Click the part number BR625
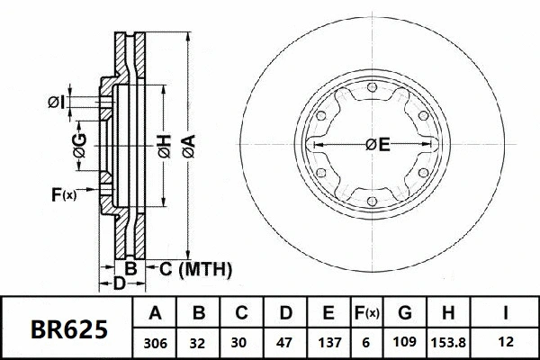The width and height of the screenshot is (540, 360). pyautogui.click(x=70, y=329)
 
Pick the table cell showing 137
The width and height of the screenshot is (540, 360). pyautogui.click(x=328, y=344)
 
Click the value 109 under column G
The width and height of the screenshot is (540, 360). pyautogui.click(x=404, y=344)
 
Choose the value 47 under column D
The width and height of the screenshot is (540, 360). pyautogui.click(x=284, y=344)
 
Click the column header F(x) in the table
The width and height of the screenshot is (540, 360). pyautogui.click(x=366, y=314)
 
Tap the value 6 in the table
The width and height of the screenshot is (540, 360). pyautogui.click(x=366, y=344)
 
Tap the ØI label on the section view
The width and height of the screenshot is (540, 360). pyautogui.click(x=57, y=103)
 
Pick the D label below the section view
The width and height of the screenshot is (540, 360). pyautogui.click(x=119, y=284)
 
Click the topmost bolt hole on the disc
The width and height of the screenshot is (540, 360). pyautogui.click(x=372, y=86)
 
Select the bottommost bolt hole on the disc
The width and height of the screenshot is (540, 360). pyautogui.click(x=372, y=202)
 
